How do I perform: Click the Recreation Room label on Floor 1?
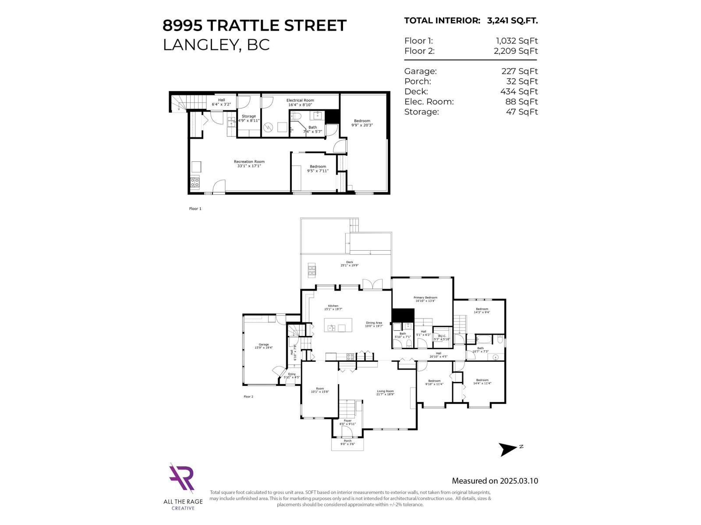click(249, 162)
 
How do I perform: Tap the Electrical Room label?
click(300, 101)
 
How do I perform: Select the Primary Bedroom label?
click(425, 298)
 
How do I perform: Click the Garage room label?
click(263, 345)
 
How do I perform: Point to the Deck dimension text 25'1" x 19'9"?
click(349, 266)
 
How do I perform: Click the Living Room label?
click(385, 392)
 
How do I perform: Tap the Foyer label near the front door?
click(347, 421)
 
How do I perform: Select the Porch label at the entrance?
click(347, 441)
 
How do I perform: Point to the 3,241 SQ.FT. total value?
click(512, 21)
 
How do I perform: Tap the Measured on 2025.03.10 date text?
click(495, 481)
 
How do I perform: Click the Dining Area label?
click(374, 323)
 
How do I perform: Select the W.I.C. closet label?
click(442, 336)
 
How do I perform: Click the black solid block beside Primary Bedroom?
click(403, 315)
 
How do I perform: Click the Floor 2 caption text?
click(248, 397)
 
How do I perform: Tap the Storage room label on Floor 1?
click(248, 116)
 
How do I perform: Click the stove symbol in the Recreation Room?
click(195, 182)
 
